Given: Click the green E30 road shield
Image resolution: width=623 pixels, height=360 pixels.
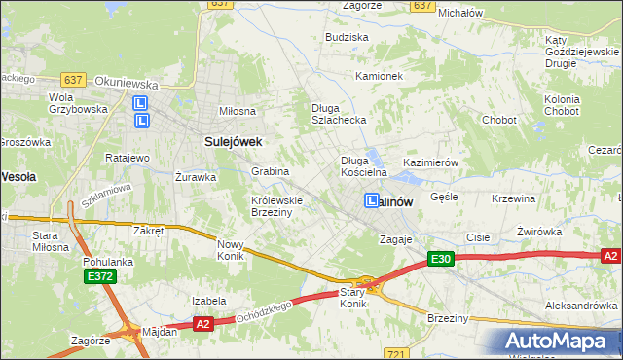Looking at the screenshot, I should point(441,259).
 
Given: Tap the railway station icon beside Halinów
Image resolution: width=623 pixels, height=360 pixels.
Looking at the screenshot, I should point(372,200).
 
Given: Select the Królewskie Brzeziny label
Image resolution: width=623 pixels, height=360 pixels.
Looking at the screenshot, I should point(277,206).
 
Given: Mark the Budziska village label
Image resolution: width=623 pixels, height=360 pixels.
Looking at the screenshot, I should point(348,37).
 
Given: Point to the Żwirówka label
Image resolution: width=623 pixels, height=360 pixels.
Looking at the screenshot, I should point(539,232).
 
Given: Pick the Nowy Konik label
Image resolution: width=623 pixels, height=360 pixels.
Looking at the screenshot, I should point(231,250).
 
